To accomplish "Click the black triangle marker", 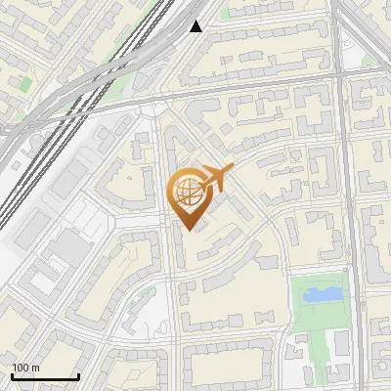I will tap(196, 26).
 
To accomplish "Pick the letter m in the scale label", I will tap(35, 368).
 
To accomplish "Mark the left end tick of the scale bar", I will tap(12, 375).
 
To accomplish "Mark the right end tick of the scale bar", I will tap(78, 375).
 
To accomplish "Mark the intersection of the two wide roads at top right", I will tap(344, 73).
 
